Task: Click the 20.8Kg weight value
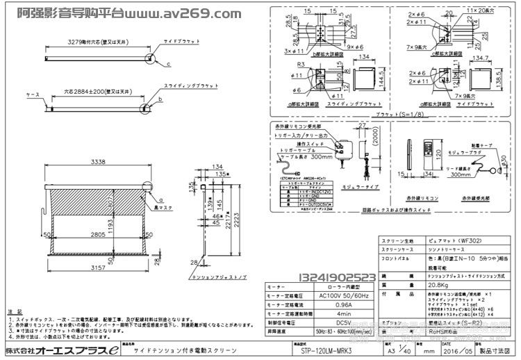(437, 285)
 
